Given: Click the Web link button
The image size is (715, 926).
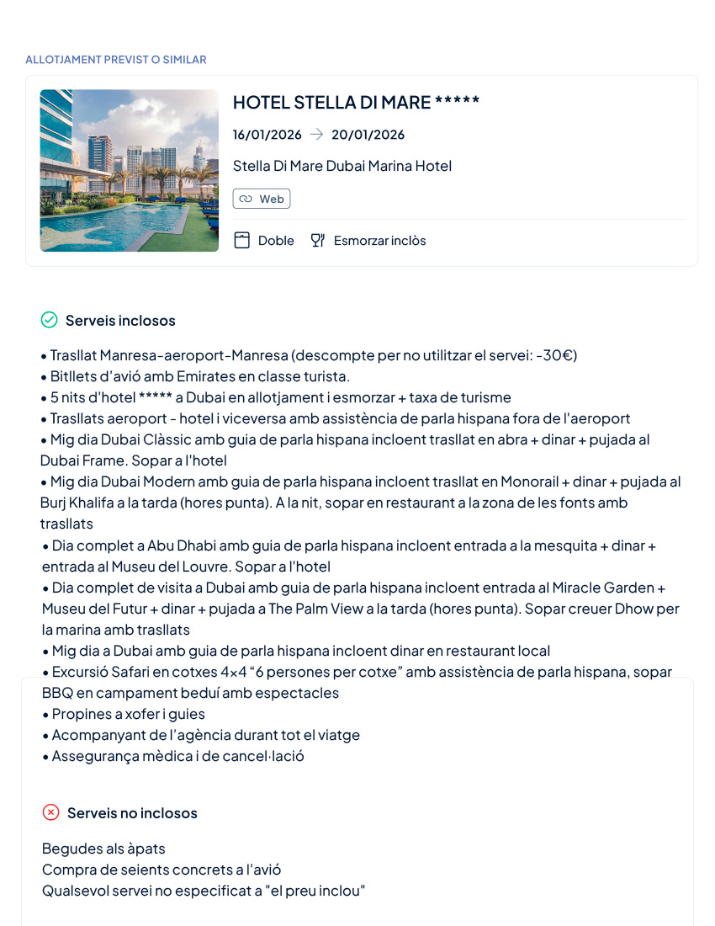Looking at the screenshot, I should coord(262,199).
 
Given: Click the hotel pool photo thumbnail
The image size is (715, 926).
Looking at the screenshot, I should coord(129,171).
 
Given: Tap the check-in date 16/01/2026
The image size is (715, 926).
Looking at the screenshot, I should coord(267,135).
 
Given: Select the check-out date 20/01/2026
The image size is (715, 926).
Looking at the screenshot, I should coord(368,135).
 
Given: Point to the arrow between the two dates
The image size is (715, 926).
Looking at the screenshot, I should coord(316,135).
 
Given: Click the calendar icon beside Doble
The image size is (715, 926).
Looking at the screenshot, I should coord(242,241).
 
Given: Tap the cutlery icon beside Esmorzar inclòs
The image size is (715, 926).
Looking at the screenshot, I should coord(317,241).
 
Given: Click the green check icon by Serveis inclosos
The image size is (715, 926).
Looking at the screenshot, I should coord(50,320).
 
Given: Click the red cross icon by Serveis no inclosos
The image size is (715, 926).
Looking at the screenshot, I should coord(51,812).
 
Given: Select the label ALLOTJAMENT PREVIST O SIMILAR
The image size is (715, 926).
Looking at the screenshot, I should coord(116,60).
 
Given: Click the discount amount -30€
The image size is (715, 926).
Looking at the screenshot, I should coord(558,355).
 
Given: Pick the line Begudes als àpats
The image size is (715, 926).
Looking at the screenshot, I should coord(103,849).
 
